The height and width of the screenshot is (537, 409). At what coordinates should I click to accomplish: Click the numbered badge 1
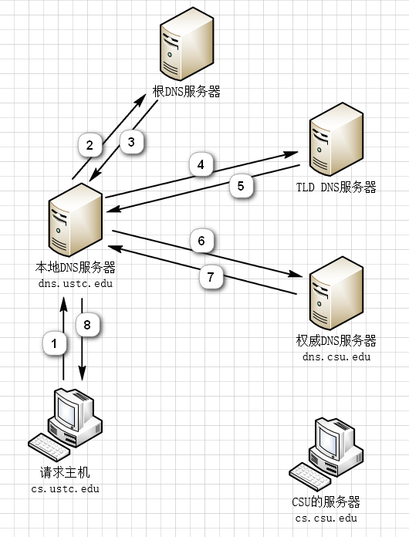point(55,343)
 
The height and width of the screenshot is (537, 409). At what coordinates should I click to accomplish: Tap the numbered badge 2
point(90,145)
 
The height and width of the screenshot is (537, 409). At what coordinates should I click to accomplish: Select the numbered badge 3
point(131,142)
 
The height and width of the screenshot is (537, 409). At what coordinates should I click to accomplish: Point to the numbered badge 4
point(201,165)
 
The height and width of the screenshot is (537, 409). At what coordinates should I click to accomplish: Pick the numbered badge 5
point(241,186)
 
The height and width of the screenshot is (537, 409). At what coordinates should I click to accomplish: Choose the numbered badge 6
point(201,241)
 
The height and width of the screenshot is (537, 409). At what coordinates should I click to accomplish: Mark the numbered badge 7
point(211,277)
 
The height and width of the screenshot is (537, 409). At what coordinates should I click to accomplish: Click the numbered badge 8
point(87,325)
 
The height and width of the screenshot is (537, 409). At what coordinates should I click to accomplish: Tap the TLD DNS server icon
point(336,140)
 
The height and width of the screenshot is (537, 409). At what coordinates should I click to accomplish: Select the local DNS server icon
point(76,220)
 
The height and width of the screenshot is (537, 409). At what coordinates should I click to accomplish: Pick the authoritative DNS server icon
point(336,293)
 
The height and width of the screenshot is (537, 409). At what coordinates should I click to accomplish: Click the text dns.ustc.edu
point(76,284)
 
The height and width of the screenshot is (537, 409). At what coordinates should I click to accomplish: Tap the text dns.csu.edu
point(336,357)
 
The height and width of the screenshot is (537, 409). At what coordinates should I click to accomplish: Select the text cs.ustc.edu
point(65,488)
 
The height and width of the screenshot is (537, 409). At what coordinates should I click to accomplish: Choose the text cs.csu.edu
point(326,518)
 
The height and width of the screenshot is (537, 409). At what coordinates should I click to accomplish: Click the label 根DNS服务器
point(187,92)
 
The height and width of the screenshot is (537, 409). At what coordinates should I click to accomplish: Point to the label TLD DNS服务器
point(336,187)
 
